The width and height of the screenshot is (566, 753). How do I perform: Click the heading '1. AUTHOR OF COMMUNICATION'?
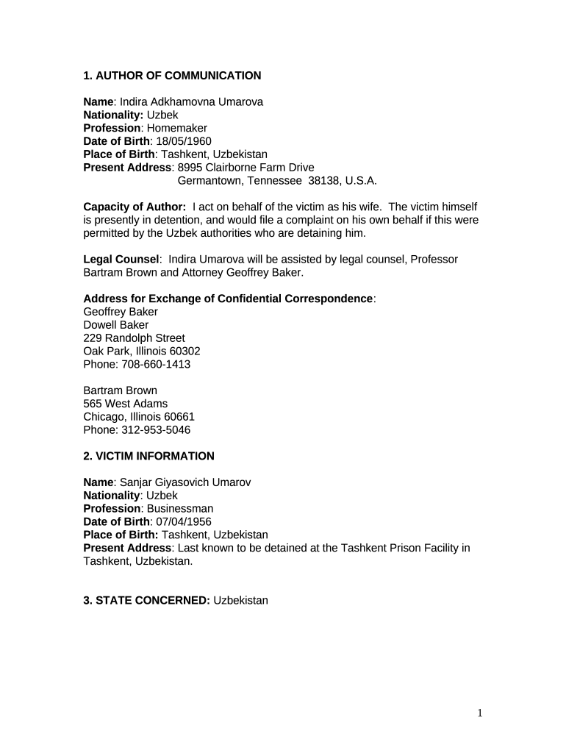(172, 76)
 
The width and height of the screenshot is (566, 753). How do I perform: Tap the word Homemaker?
(176, 128)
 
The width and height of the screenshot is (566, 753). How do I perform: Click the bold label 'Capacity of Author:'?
(135, 207)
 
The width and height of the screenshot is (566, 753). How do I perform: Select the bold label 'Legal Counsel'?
(121, 260)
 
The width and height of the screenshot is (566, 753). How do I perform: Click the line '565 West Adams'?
(126, 404)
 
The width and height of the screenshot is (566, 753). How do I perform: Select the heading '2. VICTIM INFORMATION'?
(149, 456)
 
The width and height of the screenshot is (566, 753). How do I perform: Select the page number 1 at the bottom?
(479, 713)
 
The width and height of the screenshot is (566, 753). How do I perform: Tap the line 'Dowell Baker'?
(116, 325)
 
